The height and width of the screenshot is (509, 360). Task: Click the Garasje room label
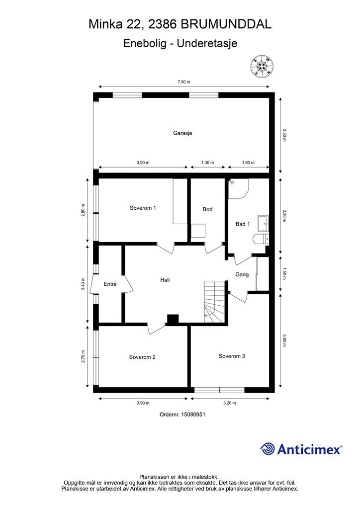click(x=182, y=133)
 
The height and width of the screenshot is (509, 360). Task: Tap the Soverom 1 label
click(x=143, y=208)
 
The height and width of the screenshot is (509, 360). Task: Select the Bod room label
click(x=207, y=209)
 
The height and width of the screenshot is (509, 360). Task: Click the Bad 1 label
click(x=242, y=224)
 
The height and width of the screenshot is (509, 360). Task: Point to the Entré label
click(x=110, y=284)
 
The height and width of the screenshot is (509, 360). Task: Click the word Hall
click(x=165, y=280)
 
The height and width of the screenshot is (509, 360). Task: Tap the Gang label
click(x=242, y=274)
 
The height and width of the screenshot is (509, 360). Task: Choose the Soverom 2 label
click(x=142, y=357)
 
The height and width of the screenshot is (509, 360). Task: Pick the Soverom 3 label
click(x=232, y=356)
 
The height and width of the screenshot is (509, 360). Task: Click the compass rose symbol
click(x=262, y=66)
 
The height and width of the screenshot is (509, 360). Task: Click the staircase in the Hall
click(x=215, y=302)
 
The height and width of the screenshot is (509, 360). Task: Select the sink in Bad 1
click(x=263, y=224)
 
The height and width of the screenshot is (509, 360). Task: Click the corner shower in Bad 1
click(x=237, y=189)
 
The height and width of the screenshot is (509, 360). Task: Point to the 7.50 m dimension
click(x=184, y=83)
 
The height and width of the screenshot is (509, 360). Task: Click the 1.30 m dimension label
click(x=207, y=163)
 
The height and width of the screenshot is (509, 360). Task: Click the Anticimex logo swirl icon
click(x=268, y=449)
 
